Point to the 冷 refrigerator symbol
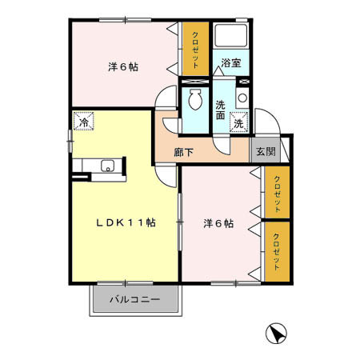[x=83, y=123]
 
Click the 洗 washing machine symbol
[x=238, y=123]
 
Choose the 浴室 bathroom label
[x=231, y=62]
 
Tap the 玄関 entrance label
[x=264, y=151]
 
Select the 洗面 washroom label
[x=222, y=109]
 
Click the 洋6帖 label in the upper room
[x=123, y=67]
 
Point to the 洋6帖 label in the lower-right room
[x=218, y=224]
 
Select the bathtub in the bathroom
[x=233, y=37]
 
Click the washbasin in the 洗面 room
[x=242, y=98]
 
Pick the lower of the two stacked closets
[x=277, y=251]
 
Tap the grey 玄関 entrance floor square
[x=264, y=151]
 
